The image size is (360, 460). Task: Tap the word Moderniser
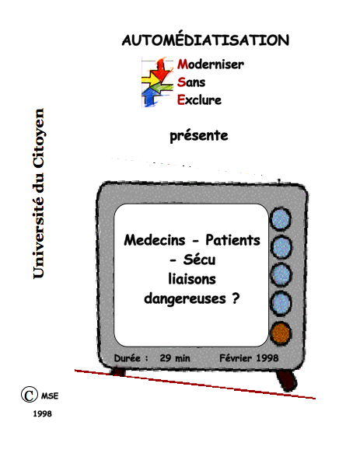211,64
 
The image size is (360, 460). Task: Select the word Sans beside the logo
191,82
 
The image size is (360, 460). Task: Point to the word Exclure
199,100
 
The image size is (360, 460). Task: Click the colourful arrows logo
157,82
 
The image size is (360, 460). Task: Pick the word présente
199,136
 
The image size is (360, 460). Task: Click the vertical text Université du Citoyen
38,193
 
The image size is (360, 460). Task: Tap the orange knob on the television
281,333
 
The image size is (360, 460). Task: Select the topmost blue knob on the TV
280,219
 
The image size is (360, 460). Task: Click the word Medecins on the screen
155,240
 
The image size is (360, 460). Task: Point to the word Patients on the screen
232,240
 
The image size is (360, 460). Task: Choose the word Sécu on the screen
199,260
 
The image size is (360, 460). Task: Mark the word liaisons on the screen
192,279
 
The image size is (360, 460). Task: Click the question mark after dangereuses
236,298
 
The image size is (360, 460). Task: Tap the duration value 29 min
175,358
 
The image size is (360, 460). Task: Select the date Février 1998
249,358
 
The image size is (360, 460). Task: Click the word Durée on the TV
128,358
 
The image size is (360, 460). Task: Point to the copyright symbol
29,395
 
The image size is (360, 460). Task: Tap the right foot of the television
287,381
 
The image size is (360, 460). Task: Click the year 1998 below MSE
42,413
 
